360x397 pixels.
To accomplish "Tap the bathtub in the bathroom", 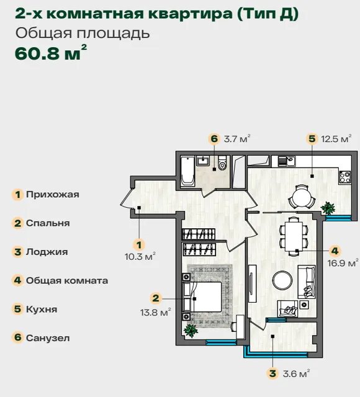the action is [187, 171].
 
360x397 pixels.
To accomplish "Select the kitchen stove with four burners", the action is [345, 177].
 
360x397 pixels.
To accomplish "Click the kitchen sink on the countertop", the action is [287, 161].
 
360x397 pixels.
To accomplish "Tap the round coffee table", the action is [282, 280].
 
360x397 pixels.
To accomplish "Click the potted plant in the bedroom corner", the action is [191, 331].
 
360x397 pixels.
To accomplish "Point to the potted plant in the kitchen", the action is [328, 208].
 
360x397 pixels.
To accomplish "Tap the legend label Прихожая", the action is [52, 194].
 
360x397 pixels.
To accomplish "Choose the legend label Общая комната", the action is [67, 280].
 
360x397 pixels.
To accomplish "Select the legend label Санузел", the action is [48, 338].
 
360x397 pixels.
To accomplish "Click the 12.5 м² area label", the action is [336, 139].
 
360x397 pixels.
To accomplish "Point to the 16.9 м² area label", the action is [343, 263].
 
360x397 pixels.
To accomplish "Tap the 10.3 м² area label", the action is [140, 256].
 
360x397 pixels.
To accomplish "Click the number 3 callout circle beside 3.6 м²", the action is [272, 373].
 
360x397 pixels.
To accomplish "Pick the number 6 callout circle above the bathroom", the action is [214, 139].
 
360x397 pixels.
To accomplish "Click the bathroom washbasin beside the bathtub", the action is [203, 161].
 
